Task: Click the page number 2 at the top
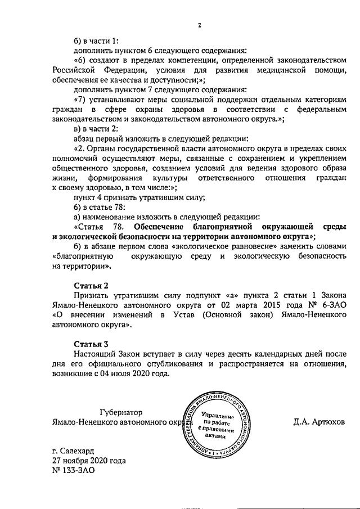pyautogui.click(x=199, y=25)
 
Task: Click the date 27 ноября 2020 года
pyautogui.click(x=86, y=461)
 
